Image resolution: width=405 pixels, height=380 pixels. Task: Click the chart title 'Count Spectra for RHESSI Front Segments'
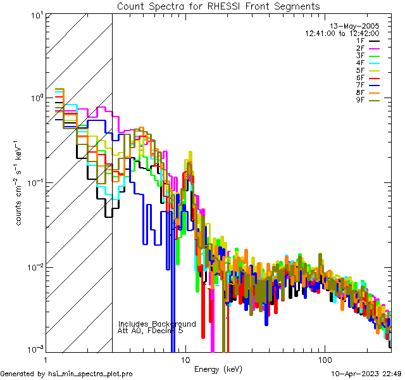click(x=218, y=6)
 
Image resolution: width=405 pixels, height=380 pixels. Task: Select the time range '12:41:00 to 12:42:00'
click(x=342, y=34)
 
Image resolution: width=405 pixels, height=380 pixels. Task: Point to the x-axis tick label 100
click(x=325, y=359)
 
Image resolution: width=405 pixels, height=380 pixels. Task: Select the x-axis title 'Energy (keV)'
click(x=218, y=369)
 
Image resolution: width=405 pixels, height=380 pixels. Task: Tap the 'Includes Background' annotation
click(x=157, y=324)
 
